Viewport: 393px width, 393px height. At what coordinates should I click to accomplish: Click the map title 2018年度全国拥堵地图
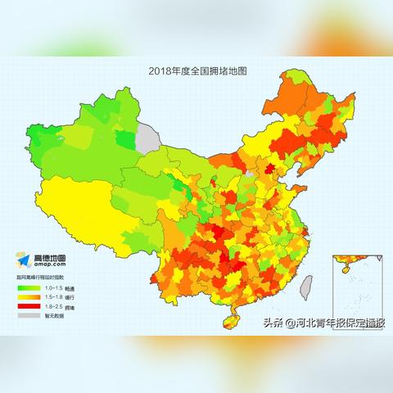pos(197,71)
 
